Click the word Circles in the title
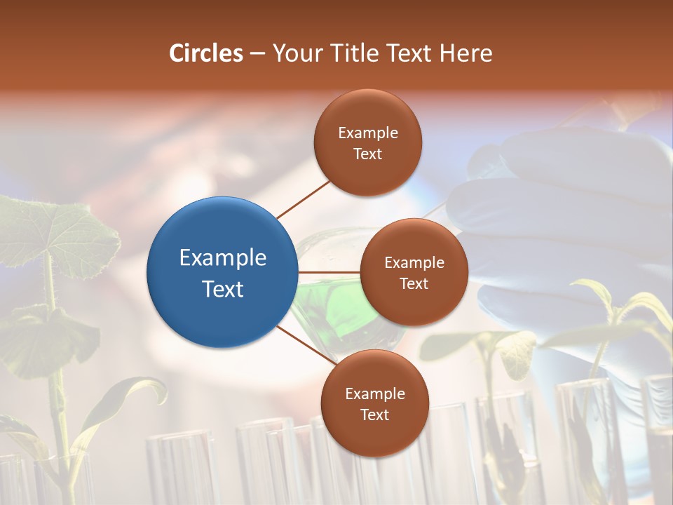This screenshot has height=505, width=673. [206, 53]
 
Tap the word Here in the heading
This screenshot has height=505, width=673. [465, 53]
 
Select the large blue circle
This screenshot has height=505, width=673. [222, 272]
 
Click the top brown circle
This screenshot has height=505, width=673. [368, 142]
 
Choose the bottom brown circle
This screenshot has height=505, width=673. [374, 403]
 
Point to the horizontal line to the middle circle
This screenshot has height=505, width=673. [329, 272]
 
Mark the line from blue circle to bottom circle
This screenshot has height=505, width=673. [306, 345]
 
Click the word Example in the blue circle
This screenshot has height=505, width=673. [222, 257]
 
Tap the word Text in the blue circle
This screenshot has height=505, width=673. [222, 288]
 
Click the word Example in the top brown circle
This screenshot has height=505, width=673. [368, 133]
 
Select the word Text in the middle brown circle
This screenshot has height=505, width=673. [414, 283]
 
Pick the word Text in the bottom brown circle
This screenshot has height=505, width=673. [374, 415]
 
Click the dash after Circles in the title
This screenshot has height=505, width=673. [257, 54]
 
